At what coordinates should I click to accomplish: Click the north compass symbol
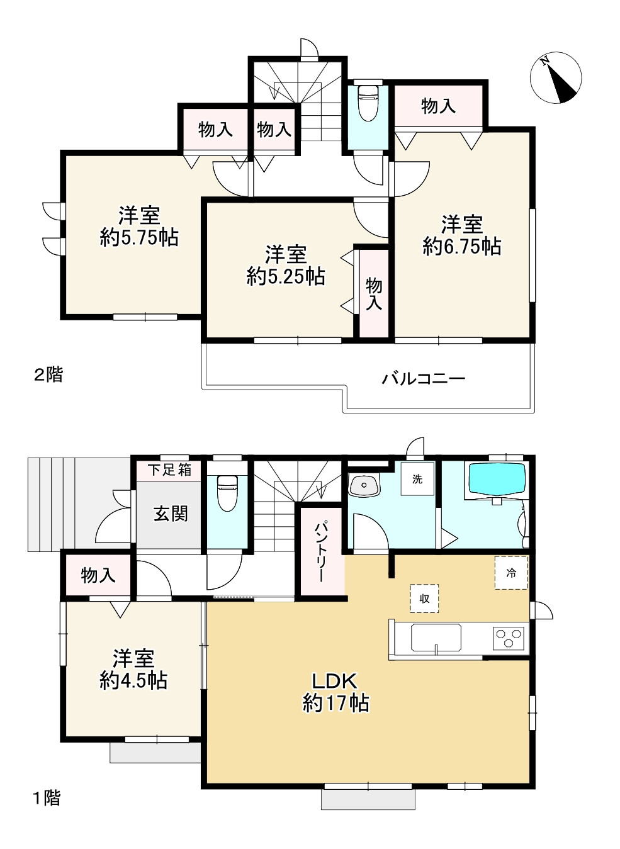556,77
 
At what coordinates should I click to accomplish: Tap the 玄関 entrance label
171,514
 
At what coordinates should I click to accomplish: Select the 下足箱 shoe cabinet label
170,470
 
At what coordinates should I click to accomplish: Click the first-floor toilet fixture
227,493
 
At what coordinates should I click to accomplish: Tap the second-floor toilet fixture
368,103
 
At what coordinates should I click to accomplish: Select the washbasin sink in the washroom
364,485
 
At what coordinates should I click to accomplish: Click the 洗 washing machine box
417,479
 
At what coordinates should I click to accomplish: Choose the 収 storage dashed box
424,599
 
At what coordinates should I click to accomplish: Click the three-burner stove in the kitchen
509,637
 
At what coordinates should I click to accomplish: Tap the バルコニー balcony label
424,379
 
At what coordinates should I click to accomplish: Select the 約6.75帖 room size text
462,246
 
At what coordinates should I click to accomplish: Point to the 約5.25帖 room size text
286,276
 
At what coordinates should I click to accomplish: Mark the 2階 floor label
48,375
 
